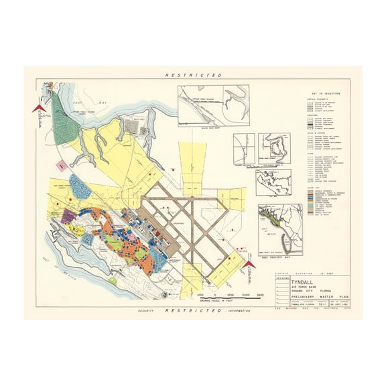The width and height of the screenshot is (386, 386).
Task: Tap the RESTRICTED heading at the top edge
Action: (193, 76)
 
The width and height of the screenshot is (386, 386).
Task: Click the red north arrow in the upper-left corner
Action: (38, 109)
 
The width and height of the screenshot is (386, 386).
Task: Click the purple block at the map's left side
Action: (67, 216)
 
